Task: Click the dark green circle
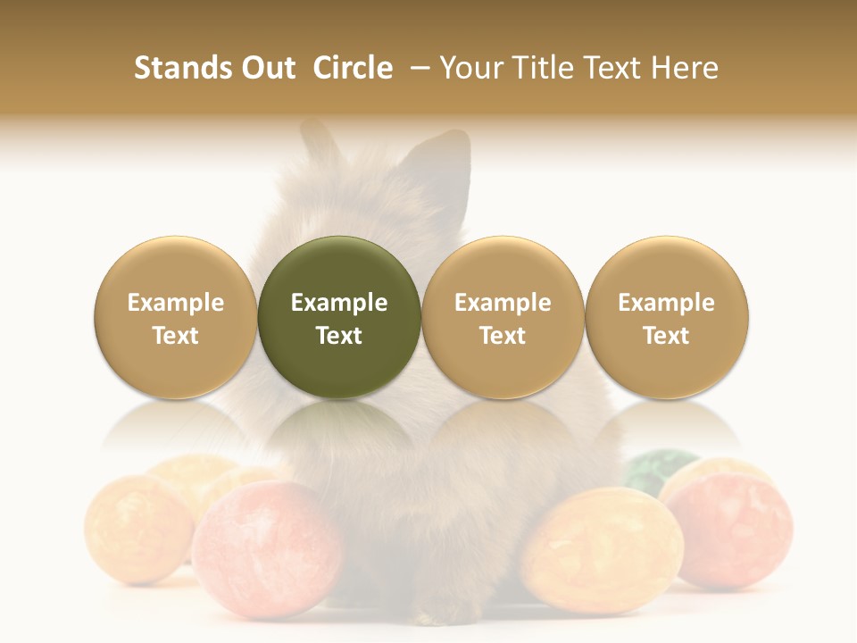(x=339, y=317)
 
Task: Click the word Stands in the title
(x=177, y=68)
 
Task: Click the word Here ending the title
(x=686, y=68)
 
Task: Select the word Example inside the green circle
(x=339, y=303)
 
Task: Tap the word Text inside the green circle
(x=339, y=336)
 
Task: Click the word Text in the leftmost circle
(x=176, y=336)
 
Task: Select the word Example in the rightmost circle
(x=667, y=303)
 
